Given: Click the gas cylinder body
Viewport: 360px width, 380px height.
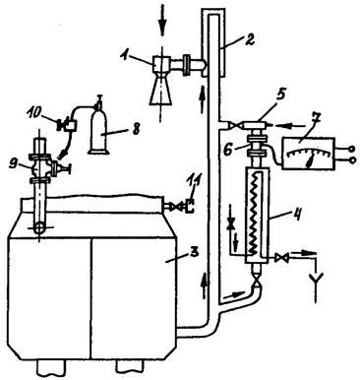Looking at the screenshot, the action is click(99, 131).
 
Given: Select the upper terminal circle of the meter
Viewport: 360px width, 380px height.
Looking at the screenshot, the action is click(352, 149).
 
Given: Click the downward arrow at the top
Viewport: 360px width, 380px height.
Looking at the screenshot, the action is click(162, 24).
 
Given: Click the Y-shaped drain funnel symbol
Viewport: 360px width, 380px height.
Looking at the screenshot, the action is click(316, 285).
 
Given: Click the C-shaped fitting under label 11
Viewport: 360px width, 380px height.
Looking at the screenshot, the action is click(190, 207).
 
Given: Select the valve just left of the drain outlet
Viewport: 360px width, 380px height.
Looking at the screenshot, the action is click(281, 258).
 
